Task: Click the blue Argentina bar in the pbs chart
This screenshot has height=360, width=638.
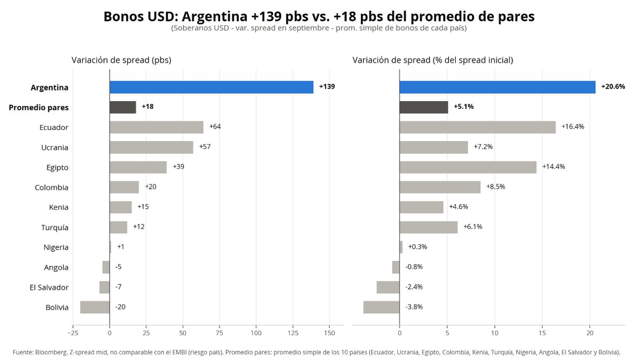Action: point(212,87)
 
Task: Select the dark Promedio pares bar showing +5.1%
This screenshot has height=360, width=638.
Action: point(424,107)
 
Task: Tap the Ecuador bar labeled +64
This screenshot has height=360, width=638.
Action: point(157,127)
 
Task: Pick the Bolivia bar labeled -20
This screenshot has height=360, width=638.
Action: point(95,307)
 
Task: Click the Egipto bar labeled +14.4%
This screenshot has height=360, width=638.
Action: point(468,168)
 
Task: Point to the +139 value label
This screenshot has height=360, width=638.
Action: point(327,87)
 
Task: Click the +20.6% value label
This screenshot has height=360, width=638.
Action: point(613,87)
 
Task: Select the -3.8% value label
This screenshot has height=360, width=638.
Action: point(414,307)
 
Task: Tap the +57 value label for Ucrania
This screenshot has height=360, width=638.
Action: point(205,147)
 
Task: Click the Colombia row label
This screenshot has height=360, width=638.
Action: point(52,187)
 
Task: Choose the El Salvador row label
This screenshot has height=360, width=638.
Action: point(49,287)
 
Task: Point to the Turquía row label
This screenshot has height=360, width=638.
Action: point(55,227)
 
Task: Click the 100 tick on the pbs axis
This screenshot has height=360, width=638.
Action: point(256,333)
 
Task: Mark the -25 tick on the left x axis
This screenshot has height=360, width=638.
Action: point(73,333)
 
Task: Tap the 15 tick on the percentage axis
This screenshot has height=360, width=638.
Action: point(542,333)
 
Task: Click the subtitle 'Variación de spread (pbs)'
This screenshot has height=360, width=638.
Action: point(121,60)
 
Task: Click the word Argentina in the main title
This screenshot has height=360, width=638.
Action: point(215,17)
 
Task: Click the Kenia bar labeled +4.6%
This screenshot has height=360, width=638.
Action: point(422,207)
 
